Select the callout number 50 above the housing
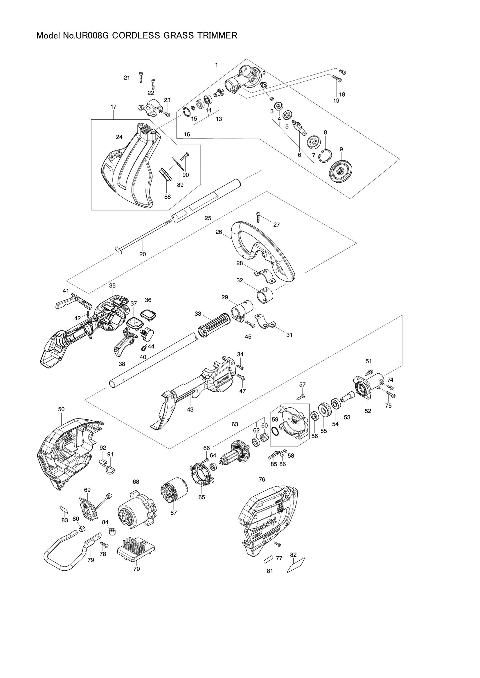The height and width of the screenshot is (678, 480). tap(61, 409)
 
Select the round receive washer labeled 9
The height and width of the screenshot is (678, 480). tap(341, 171)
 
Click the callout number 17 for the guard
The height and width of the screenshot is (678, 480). tap(114, 107)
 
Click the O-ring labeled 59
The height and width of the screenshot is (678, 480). tap(275, 432)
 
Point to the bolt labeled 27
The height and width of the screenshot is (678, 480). tap(259, 217)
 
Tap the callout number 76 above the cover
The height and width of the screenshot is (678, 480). tap(262, 479)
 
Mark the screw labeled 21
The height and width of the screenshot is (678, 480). tap(141, 78)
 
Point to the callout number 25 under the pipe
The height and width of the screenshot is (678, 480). tap(208, 218)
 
